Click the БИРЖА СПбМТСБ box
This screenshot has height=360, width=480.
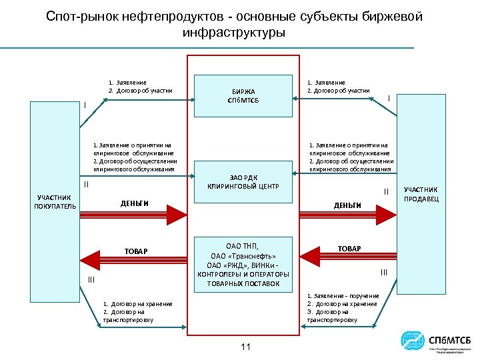(243, 95)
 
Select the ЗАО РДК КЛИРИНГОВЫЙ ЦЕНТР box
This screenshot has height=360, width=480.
(243, 182)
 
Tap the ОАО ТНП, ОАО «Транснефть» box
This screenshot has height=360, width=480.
(243, 264)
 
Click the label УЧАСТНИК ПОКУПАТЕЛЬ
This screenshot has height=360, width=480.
(56, 202)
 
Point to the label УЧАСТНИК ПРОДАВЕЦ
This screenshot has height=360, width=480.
(421, 195)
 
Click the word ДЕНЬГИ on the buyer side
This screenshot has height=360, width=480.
(134, 203)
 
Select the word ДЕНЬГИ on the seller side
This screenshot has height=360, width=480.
(347, 205)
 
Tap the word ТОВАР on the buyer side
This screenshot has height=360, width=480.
(136, 251)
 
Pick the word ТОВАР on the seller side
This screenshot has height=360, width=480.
(349, 248)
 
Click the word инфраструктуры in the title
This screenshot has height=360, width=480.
(233, 32)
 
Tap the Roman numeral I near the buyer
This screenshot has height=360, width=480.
(84, 104)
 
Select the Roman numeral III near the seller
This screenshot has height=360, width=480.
(384, 271)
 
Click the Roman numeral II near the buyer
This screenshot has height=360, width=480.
(85, 184)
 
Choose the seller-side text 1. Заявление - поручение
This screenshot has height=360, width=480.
(343, 296)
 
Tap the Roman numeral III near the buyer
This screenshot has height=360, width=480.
(91, 281)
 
